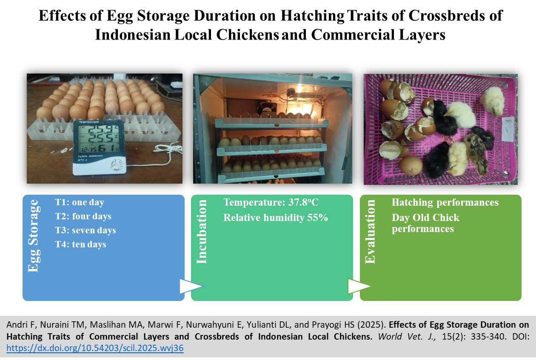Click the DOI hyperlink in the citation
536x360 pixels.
pos(95,348)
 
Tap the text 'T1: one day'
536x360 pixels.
pos(80,202)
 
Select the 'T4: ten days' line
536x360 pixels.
pos(80,244)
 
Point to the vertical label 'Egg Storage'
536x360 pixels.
pos(33,236)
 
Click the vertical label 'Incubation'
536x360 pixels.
pos(202,232)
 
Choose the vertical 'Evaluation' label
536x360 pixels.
pos(370,232)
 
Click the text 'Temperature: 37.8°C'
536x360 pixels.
pos(271,202)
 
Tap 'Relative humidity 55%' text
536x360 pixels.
pos(275,218)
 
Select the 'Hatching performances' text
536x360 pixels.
pos(445,202)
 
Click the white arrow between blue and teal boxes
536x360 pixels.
pos(191,286)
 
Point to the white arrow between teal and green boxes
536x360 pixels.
pos(359,286)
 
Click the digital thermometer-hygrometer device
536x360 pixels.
pos(99,147)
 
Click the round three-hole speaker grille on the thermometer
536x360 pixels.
pos(117,165)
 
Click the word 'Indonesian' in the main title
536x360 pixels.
pos(133,35)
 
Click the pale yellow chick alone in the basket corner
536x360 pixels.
pos(493,100)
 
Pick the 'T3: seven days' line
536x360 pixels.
pos(86,230)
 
